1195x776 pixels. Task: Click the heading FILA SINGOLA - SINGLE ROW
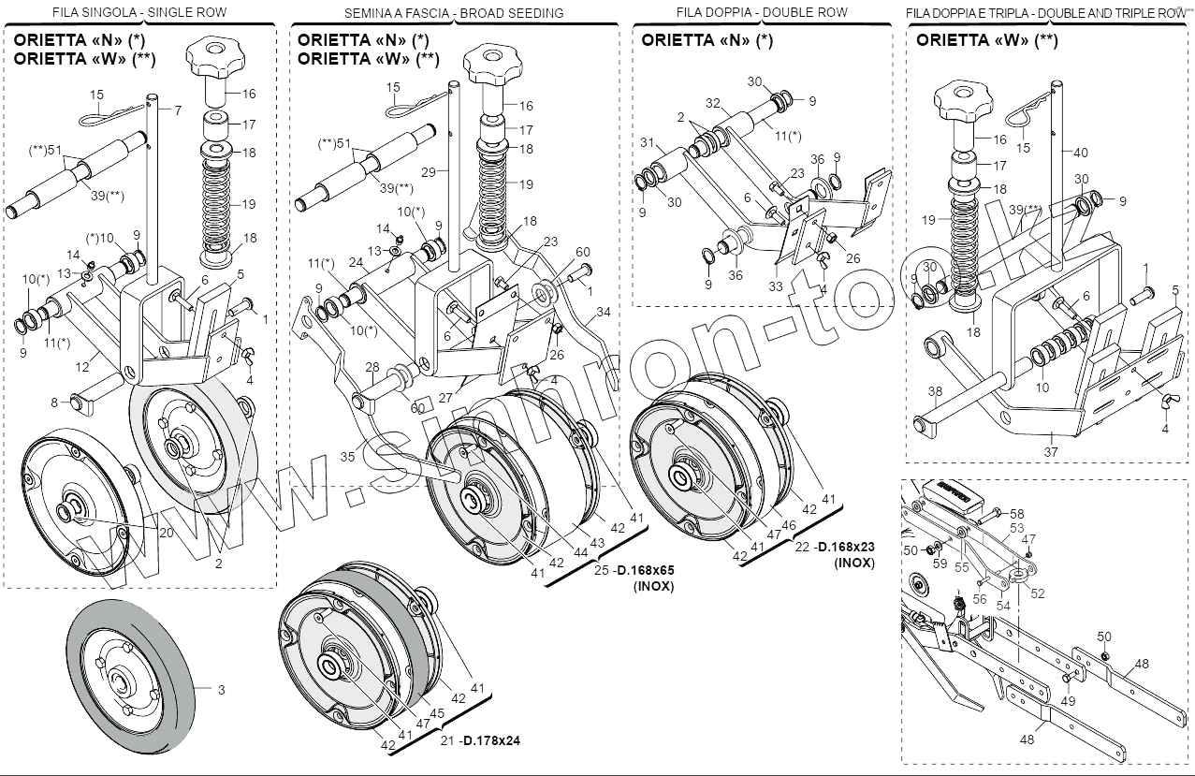point(140,12)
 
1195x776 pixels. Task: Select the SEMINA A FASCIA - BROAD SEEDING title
point(454,13)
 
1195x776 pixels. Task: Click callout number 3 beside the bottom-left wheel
point(221,690)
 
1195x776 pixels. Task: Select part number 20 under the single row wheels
point(166,533)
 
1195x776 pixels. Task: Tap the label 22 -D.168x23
point(836,547)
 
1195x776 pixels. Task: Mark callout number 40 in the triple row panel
point(1081,152)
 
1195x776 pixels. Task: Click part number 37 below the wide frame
point(1051,451)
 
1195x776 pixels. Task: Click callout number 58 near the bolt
point(1017,514)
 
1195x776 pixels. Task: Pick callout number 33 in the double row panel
point(775,286)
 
